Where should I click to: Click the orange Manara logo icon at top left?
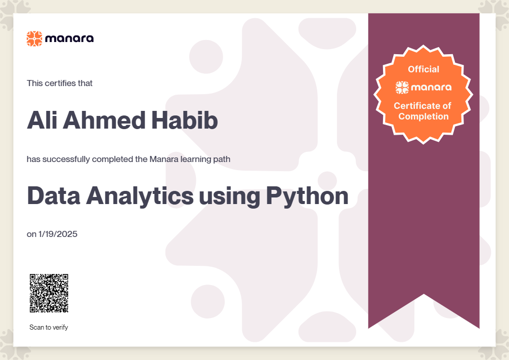point(34,38)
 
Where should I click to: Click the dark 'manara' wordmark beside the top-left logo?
point(69,38)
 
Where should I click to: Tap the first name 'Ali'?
point(42,120)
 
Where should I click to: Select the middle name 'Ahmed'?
point(104,120)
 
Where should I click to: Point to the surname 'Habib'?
point(185,120)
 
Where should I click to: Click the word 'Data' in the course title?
point(54,196)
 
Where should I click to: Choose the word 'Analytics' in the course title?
point(140,197)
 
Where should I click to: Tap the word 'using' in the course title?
point(230,198)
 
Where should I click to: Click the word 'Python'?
point(307,197)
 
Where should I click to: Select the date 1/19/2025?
point(58,234)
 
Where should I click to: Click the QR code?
point(49,293)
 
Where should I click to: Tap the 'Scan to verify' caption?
point(49,327)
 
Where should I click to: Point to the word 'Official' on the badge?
point(423,69)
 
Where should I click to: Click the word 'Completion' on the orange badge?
point(423,116)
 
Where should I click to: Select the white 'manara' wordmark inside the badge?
point(431,88)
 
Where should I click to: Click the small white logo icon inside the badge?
point(402,88)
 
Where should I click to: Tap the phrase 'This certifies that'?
point(60,83)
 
